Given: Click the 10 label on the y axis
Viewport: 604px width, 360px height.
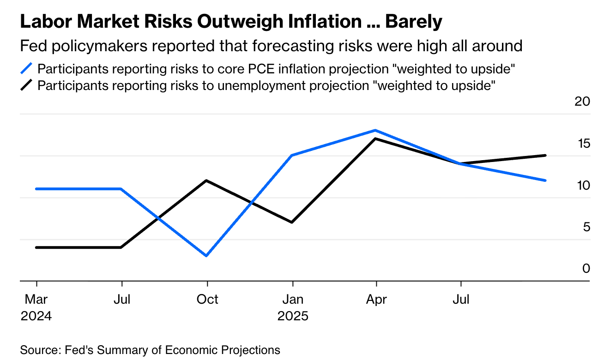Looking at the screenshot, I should tap(583, 186).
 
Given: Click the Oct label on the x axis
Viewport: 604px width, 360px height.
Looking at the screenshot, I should tap(207, 300).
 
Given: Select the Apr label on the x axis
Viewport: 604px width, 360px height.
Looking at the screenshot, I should tap(377, 300).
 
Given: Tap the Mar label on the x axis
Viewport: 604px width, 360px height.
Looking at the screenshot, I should tap(36, 300).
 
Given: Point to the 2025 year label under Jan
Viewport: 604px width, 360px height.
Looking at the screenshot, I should tap(292, 317).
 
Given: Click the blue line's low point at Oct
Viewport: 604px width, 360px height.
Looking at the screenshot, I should tap(207, 256).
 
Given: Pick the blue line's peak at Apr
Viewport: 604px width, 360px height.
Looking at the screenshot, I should tap(377, 130).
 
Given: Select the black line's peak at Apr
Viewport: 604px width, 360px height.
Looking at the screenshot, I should tap(377, 138).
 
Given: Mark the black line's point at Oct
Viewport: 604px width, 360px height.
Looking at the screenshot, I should tap(207, 180).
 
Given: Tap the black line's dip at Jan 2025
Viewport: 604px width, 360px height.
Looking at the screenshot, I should tap(292, 222).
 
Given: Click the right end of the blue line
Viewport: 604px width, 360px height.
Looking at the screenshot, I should tap(546, 180).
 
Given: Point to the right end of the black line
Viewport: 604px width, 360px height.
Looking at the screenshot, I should tap(546, 155).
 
